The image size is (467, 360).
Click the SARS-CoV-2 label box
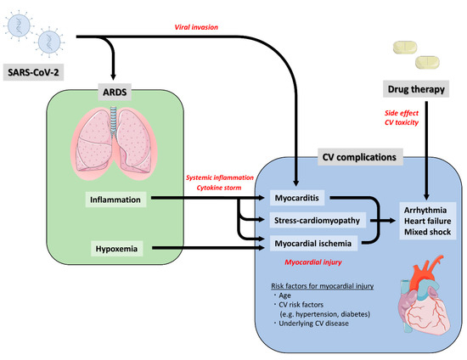coord(33,72)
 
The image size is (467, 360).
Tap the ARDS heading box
coord(115,92)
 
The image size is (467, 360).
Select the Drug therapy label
coord(416,89)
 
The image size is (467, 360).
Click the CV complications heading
coord(359,157)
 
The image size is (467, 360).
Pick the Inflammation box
coord(115,200)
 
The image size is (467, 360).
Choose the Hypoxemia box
coord(117,249)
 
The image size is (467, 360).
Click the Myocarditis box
coord(297,198)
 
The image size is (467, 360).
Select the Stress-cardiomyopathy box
coord(318,221)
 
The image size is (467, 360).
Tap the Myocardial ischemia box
coord(313,244)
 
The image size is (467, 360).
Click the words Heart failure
coord(427,221)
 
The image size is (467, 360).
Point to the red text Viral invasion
coord(196,27)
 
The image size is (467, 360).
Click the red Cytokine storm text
coord(219,188)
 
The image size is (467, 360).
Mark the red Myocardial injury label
coord(313,262)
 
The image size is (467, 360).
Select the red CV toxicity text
coord(402,122)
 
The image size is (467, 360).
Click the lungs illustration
coord(114,143)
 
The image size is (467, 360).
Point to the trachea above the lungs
coord(114,118)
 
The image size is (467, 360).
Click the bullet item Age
coord(284,295)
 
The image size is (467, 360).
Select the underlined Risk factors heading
coord(323,286)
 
